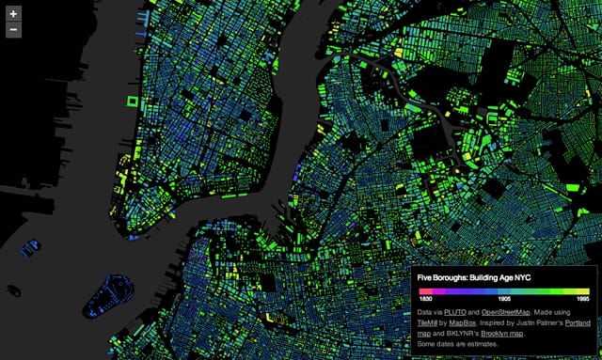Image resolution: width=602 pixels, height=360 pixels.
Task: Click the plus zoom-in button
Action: tap(13, 13)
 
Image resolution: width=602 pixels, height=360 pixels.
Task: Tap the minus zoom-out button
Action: tap(13, 29)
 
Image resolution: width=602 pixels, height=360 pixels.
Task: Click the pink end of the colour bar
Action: tap(422, 290)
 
